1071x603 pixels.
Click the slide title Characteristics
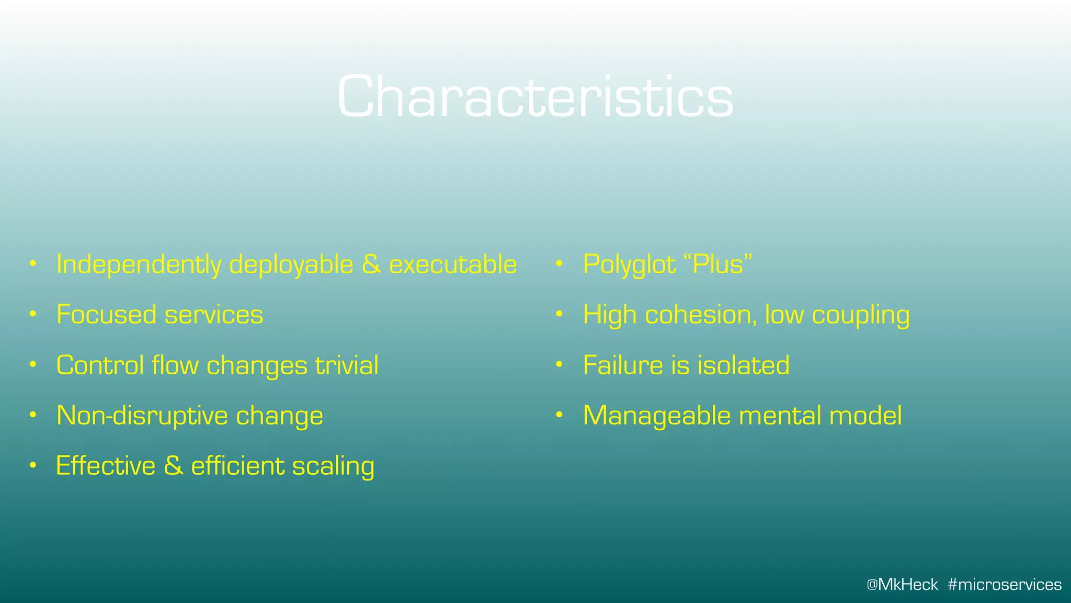[535, 97]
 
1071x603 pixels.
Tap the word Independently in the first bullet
[139, 264]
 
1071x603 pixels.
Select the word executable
[453, 264]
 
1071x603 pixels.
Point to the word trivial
[347, 365]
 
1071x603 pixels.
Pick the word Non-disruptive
[142, 416]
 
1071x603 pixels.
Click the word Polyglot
[629, 264]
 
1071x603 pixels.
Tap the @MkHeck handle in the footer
[902, 585]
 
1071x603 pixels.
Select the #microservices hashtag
[1005, 585]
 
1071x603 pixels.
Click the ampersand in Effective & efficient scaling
[173, 466]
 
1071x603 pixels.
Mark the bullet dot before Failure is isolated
[559, 365]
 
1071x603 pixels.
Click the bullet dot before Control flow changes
[33, 365]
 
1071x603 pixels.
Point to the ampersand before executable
[371, 264]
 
